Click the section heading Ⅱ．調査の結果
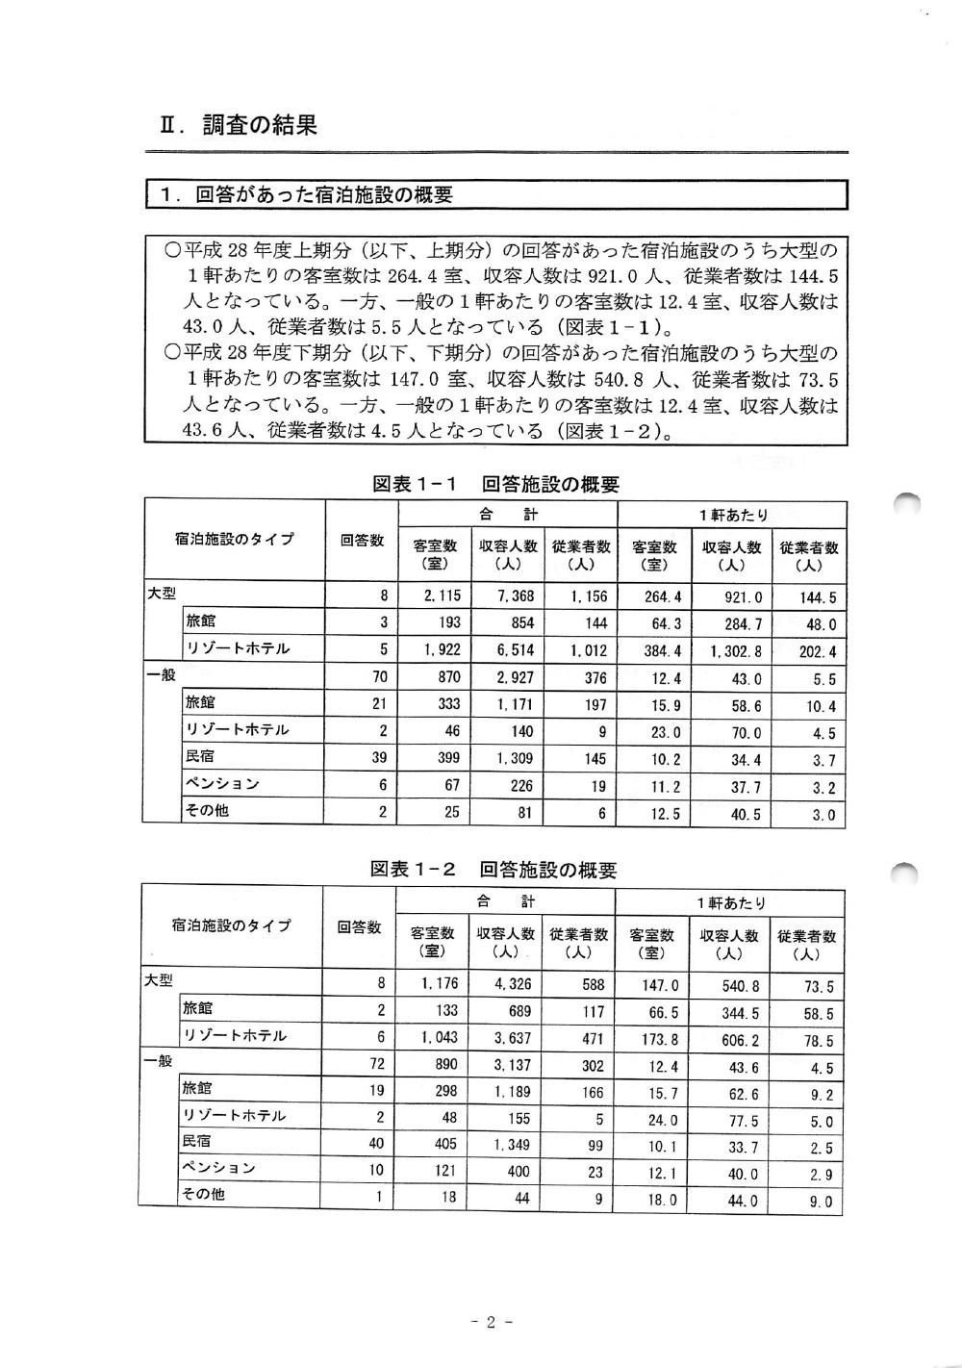point(239,126)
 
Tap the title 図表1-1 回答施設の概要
point(495,485)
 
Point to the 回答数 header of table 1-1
point(362,541)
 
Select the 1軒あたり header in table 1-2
point(731,903)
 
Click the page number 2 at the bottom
point(489,1322)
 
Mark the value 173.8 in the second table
point(660,1040)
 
